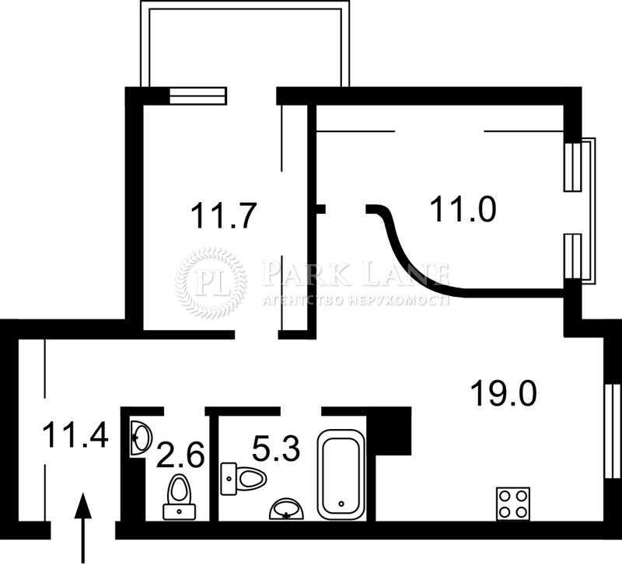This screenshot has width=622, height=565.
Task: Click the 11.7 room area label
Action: point(222,216)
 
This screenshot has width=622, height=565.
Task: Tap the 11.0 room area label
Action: point(463,209)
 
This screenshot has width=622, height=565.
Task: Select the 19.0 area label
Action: point(503,392)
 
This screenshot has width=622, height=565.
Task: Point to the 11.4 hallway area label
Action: point(75,435)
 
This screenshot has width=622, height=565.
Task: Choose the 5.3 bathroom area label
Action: point(276,448)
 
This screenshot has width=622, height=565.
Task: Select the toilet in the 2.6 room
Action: point(180,497)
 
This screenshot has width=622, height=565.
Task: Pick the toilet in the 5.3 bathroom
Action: point(243,479)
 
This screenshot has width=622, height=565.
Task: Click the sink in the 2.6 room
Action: point(140,438)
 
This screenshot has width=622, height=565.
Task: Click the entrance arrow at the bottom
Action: point(83,528)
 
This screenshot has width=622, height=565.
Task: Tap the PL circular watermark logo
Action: point(211,281)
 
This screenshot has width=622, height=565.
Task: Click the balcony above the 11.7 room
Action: point(245,44)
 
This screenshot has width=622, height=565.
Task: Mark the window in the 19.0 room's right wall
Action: point(613,431)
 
